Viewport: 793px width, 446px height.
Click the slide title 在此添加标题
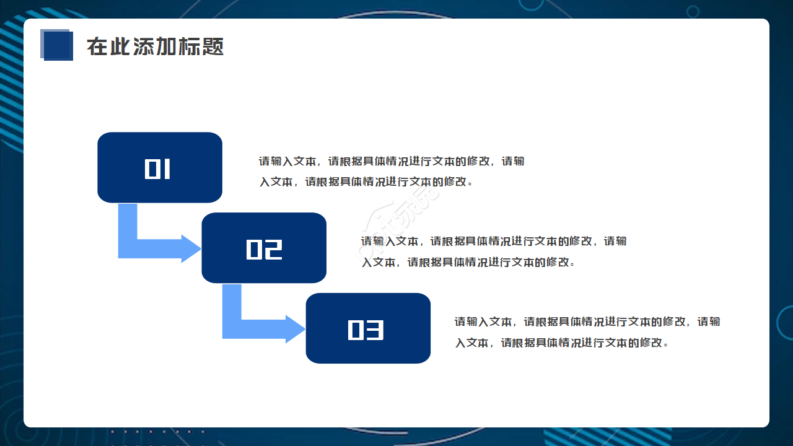155,46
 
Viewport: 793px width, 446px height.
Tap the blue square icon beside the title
57,45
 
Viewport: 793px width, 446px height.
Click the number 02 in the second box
264,249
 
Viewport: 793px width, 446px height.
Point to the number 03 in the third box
366,330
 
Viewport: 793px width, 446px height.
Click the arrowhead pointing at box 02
191,248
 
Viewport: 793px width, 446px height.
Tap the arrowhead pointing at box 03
295,329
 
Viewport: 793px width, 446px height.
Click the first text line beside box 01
392,162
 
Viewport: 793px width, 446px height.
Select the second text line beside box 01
366,182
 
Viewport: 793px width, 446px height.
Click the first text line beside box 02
494,241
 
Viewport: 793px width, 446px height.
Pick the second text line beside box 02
468,262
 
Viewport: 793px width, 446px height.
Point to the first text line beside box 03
587,322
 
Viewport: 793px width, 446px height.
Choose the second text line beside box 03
562,343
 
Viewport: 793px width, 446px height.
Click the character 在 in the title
96,46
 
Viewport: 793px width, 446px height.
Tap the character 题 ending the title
213,46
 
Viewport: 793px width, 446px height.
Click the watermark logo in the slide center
400,214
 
